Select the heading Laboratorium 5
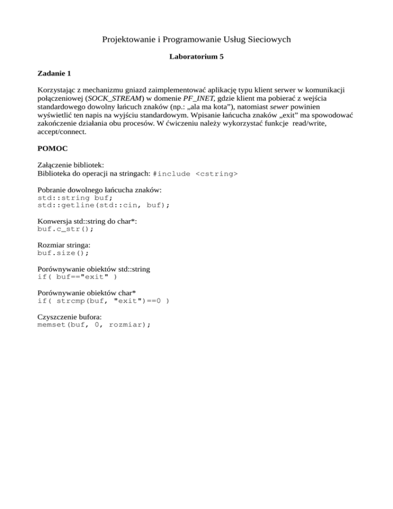(x=196, y=57)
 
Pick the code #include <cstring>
(x=195, y=175)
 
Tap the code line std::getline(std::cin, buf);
(x=104, y=205)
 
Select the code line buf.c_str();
(x=66, y=229)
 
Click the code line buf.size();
(x=63, y=253)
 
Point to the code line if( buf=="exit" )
(x=77, y=277)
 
